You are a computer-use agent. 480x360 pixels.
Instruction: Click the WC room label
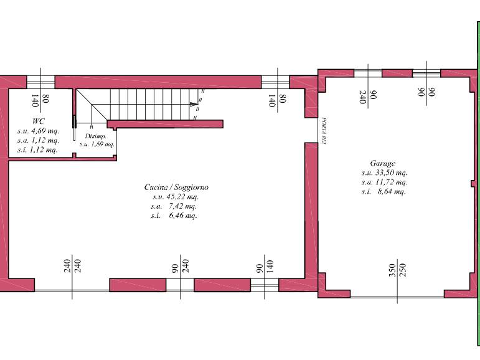pos(38,121)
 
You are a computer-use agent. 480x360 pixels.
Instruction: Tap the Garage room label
pos(383,163)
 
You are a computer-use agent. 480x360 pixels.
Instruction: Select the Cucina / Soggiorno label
pos(176,187)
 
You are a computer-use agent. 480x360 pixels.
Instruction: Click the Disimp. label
pos(95,136)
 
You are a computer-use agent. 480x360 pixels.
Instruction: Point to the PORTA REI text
pos(324,131)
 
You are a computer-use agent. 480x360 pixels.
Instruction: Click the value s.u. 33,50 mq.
pos(384,173)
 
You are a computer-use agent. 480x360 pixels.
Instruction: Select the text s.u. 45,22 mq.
pos(176,197)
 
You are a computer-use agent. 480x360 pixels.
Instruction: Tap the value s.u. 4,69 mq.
pos(38,131)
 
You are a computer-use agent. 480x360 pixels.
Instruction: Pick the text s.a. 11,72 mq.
pos(384,182)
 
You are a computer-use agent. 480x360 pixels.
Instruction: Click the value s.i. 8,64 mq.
pos(384,192)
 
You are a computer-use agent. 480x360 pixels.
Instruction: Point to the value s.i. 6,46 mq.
pos(174,216)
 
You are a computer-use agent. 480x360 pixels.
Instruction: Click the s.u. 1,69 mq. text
pos(97,144)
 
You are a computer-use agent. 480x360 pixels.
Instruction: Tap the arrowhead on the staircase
pos(194,104)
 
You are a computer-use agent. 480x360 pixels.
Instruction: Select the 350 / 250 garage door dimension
pos(397,270)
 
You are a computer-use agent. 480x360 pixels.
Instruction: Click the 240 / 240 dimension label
pos(72,266)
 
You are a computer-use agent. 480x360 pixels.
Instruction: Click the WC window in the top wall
pos(40,82)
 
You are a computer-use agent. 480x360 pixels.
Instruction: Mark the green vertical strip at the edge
pos(479,184)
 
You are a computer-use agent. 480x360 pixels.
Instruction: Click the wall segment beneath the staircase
pos(165,124)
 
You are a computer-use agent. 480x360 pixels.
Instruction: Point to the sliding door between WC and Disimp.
pos(74,128)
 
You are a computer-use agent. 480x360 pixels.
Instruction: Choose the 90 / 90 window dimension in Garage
pos(426,92)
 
